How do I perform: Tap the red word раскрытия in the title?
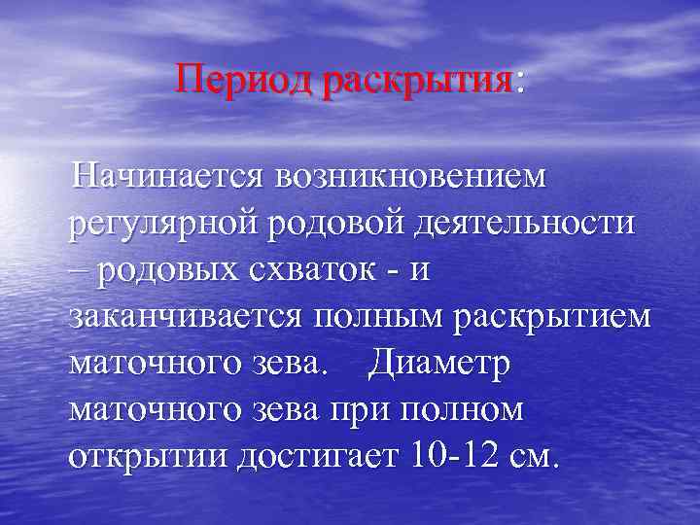[417, 79]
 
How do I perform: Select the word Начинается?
[165, 178]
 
